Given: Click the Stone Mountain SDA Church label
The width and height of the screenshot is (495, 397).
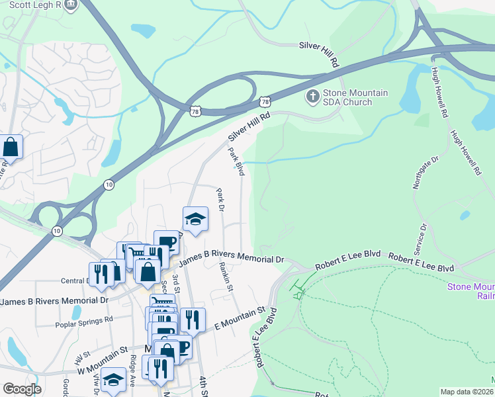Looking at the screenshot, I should coord(355,98).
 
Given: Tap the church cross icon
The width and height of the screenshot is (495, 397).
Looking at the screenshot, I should coord(312,97).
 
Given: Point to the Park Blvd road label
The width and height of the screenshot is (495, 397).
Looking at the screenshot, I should coord(236,161).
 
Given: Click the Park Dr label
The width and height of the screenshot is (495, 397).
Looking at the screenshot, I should coord(221,200).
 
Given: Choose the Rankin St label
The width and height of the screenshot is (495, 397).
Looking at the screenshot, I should coord(226,277).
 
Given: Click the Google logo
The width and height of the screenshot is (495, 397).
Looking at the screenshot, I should coord(22,389).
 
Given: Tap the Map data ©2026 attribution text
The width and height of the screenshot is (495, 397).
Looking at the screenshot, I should coord(467,392).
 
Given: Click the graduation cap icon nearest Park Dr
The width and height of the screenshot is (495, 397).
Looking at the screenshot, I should coord(195,219).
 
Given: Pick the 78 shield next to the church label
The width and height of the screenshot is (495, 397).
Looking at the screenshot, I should coord(265,101).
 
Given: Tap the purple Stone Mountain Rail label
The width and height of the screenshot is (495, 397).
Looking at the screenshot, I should coord(471,291).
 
